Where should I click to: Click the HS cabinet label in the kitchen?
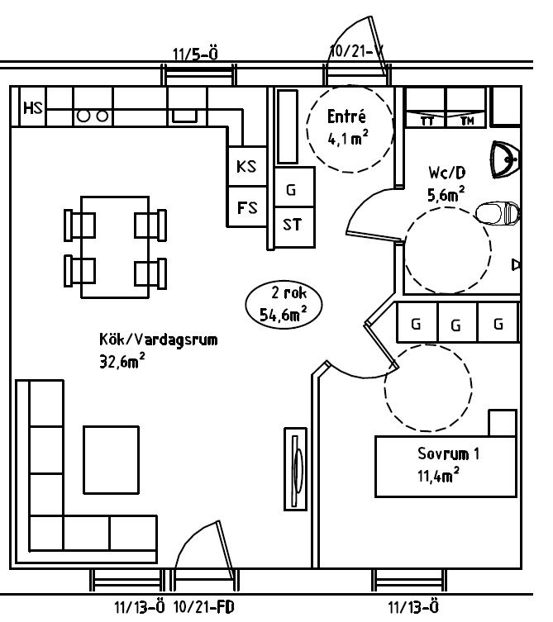(33, 107)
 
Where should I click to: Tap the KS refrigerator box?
(247, 166)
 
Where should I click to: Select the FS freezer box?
(247, 207)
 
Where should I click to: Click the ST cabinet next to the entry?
(294, 227)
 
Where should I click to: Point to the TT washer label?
(427, 121)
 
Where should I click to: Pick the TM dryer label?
(467, 121)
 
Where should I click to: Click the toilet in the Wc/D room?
(498, 213)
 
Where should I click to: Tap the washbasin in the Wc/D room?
(505, 159)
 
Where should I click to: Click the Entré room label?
(346, 116)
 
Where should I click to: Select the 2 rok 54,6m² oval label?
(284, 303)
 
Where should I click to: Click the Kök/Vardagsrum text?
(159, 340)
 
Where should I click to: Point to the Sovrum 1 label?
(448, 453)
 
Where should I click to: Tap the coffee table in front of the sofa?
(111, 460)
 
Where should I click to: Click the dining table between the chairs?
(115, 247)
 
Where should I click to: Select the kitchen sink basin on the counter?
(184, 116)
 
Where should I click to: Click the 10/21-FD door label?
(204, 607)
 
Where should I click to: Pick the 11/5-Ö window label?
(195, 54)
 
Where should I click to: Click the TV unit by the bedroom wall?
(295, 469)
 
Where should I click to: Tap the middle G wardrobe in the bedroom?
(457, 322)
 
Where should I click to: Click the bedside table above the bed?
(503, 423)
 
